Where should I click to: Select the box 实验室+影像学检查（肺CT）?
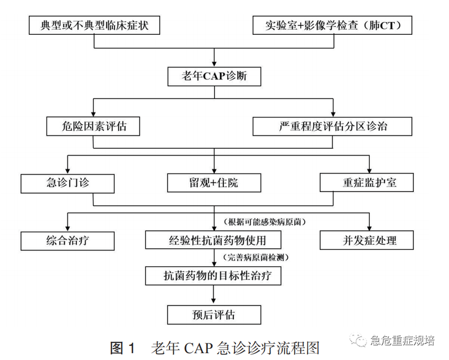click(x=333, y=25)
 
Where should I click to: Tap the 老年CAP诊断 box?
click(x=214, y=76)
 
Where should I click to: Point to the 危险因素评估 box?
click(x=93, y=126)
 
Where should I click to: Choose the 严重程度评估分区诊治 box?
click(x=333, y=126)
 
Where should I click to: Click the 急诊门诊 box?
click(x=68, y=183)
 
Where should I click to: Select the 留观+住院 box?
click(x=214, y=183)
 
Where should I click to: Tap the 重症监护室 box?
click(x=367, y=183)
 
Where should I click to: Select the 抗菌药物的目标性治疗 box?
click(x=213, y=276)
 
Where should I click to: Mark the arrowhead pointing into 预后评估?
click(x=214, y=301)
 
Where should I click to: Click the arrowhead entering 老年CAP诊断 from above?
click(x=214, y=63)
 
